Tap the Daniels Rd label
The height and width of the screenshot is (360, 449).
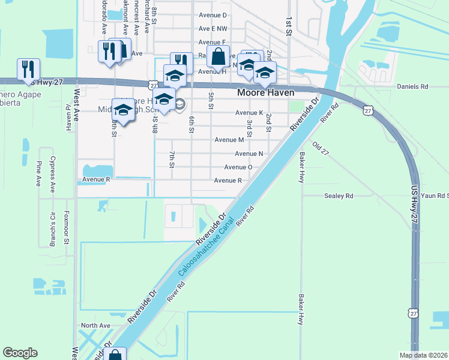click(412, 86)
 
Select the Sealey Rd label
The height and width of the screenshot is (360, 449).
click(339, 196)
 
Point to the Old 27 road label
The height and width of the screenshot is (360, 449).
click(321, 149)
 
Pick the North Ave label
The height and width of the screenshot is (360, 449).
click(96, 325)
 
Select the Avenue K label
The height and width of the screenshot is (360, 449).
click(249, 113)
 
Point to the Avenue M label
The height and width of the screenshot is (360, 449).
click(229, 140)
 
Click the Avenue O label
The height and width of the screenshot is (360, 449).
click(238, 167)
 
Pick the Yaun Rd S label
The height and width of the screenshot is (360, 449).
click(435, 196)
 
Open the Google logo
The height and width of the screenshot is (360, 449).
click(20, 353)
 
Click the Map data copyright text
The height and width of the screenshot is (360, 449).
click(423, 355)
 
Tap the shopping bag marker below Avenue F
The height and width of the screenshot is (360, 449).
click(219, 58)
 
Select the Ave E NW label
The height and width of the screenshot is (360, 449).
click(213, 28)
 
